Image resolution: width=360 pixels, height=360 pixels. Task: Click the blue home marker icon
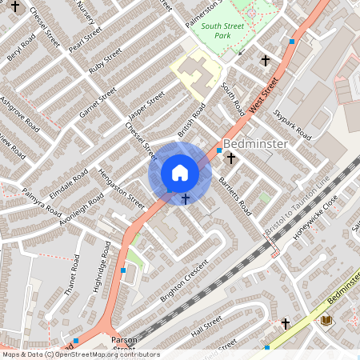coord(180,173)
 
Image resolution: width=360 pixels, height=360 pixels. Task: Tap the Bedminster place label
coord(255,144)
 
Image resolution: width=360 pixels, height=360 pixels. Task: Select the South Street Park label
coord(223,30)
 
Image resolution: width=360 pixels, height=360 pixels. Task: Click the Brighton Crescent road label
coord(183,281)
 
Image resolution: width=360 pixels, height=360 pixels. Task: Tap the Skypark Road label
coord(291,124)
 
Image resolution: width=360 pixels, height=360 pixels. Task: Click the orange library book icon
coord(326,321)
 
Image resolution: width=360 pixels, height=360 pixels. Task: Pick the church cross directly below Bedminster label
coord(231,158)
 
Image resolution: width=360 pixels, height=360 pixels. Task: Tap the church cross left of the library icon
coord(286,324)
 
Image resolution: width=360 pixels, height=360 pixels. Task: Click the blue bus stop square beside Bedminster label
coord(219,150)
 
